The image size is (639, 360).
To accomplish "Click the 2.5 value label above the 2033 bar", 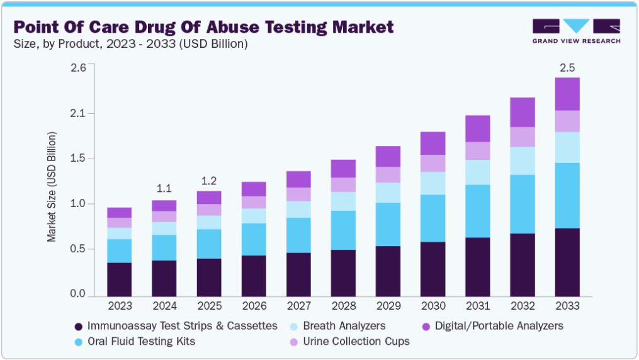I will [567, 67].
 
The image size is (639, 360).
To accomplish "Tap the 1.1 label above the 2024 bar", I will [164, 188].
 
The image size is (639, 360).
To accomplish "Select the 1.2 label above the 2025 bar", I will [208, 181].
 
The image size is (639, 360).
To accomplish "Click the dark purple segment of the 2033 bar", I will [567, 262].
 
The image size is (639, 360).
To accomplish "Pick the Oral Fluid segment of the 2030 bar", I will [433, 218].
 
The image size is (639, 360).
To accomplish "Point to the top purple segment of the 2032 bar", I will [523, 112].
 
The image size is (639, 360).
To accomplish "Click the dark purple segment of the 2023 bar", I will [119, 279].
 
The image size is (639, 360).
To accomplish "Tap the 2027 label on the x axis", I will [298, 306].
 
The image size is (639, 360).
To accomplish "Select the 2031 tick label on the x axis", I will [477, 306].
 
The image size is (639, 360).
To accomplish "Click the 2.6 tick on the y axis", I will [77, 68].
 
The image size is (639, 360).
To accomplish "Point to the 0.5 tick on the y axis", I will [77, 249].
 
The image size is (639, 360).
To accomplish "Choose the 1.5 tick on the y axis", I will [77, 159].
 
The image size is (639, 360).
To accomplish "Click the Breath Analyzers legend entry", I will [344, 326].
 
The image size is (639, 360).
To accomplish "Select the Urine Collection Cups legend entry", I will [356, 341].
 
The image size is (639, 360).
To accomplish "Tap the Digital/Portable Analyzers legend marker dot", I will [426, 327].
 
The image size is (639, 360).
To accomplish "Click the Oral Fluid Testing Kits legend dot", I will [79, 342].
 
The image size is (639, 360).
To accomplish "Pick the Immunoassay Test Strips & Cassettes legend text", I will [183, 326].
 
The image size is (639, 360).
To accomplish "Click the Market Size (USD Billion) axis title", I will [52, 188].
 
